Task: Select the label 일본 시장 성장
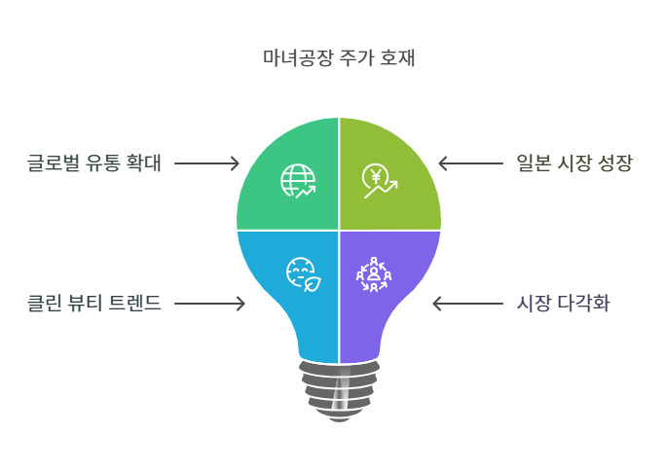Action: tap(573, 163)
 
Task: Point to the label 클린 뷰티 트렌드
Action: tap(92, 304)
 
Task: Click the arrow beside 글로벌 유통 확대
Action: tap(206, 163)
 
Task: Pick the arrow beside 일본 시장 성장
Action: tap(470, 163)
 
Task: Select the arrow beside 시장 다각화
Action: tap(464, 304)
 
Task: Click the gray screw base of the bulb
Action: tap(338, 388)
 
